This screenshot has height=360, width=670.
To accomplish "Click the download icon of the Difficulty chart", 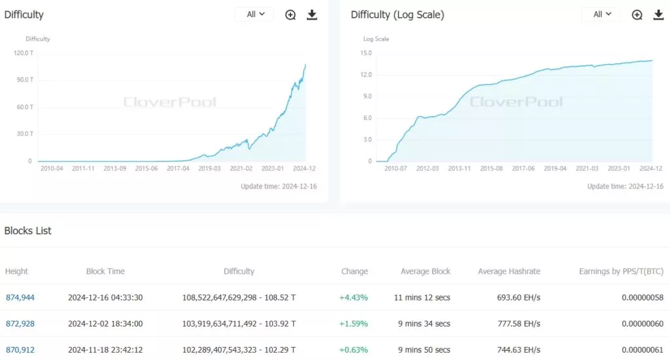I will [x=312, y=14].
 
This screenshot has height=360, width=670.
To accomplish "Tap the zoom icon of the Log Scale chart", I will [x=637, y=14].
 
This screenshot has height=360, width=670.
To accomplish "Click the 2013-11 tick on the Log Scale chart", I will [x=459, y=168].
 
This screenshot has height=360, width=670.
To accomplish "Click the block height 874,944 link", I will [x=20, y=297].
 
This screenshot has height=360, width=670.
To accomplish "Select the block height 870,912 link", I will [x=20, y=350].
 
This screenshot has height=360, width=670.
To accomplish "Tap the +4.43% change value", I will [x=353, y=297].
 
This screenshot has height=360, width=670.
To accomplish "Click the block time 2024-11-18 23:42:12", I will [x=105, y=350].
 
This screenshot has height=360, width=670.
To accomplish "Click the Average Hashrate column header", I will [x=509, y=271].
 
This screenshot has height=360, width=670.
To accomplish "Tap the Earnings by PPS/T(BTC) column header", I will [x=622, y=271].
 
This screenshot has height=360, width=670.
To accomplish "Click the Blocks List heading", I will [x=28, y=230].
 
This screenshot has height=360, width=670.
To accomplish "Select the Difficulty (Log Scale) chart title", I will [x=397, y=14].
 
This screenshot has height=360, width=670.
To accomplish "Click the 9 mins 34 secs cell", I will [x=425, y=323].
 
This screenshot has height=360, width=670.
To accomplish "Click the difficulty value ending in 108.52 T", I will [x=239, y=297].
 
